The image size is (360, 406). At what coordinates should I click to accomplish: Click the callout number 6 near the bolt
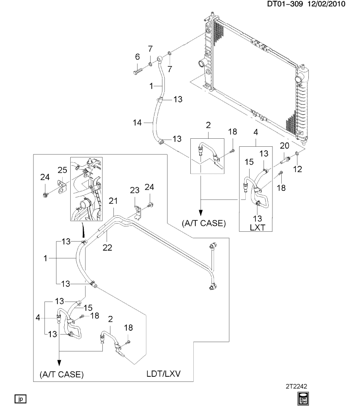137,57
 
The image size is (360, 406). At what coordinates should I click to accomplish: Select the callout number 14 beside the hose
136,122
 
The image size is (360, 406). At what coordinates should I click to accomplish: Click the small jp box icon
20,398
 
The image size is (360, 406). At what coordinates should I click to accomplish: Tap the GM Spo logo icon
303,398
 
